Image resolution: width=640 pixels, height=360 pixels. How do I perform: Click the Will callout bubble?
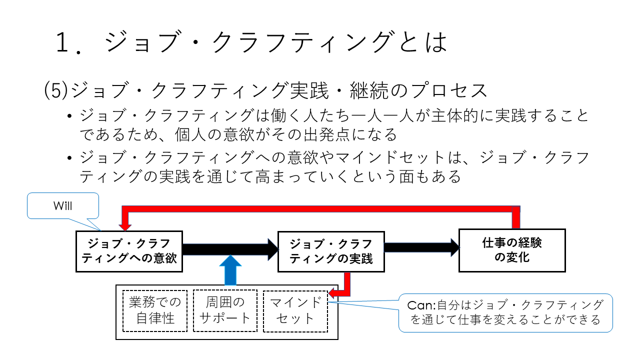63,206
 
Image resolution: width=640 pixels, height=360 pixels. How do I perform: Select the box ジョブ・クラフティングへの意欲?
129,251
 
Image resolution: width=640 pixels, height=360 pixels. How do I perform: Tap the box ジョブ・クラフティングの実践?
331,251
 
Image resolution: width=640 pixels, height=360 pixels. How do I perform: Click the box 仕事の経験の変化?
512,250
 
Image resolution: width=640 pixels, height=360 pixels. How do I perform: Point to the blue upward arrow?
229,270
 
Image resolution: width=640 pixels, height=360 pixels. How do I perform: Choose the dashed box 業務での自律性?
155,310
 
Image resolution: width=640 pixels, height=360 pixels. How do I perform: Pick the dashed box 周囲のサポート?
225,310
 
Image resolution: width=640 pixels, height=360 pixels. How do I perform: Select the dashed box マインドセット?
295,310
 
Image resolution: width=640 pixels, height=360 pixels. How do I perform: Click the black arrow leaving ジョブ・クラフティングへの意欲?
230,249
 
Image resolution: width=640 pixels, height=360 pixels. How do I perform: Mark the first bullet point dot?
69,117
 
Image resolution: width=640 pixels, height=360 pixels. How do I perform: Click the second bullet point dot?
69,158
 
